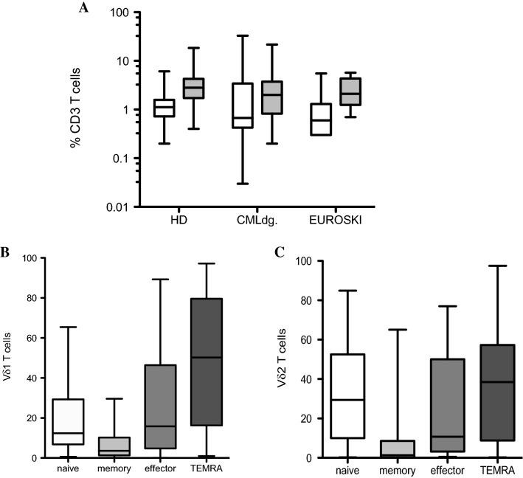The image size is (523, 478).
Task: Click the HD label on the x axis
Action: pos(177,221)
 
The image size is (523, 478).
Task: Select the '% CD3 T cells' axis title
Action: pos(75,111)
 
